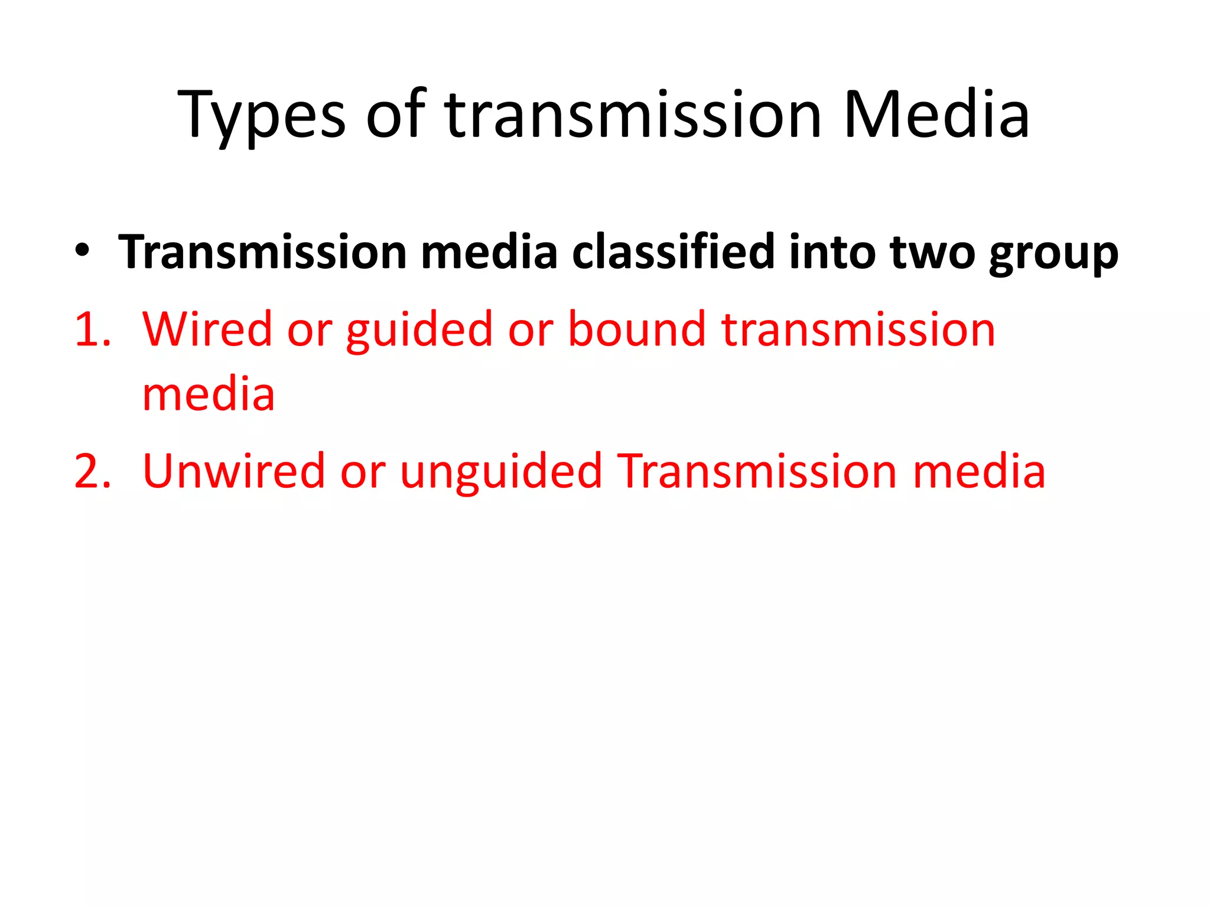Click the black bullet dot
(x=82, y=250)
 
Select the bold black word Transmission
(x=262, y=252)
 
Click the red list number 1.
(x=92, y=329)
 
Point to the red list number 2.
(x=92, y=471)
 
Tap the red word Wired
(x=207, y=329)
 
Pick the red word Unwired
(x=234, y=471)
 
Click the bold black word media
(x=489, y=252)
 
